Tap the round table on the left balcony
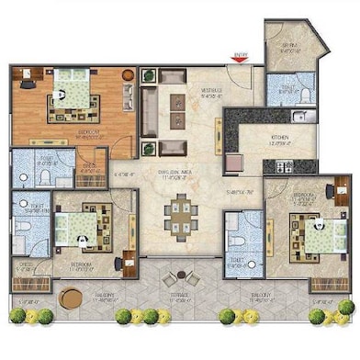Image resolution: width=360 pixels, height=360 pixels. (70, 298)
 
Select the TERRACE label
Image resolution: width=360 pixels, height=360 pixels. (179, 298)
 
